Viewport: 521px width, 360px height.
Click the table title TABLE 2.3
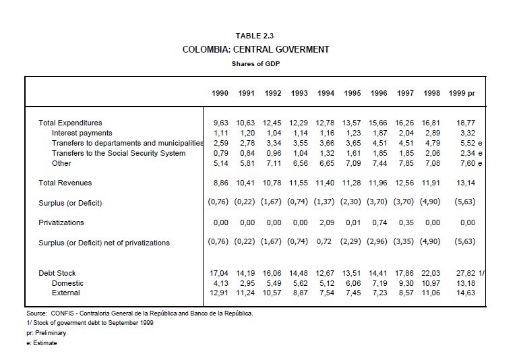click(255, 36)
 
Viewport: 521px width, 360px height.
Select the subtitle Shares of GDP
click(255, 64)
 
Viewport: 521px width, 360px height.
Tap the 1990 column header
click(220, 93)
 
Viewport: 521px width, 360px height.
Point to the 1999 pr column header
click(462, 93)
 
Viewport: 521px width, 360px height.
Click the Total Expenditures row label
click(70, 123)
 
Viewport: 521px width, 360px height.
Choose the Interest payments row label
click(82, 133)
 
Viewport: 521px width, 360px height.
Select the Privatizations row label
click(61, 222)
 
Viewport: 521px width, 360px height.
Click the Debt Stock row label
click(57, 273)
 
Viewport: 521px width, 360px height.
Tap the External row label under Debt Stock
click(66, 293)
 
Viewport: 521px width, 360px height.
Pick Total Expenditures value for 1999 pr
click(466, 123)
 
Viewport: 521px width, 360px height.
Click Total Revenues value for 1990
click(220, 182)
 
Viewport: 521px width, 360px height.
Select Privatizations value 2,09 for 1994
click(326, 222)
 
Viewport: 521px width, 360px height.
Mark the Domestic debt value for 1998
click(432, 283)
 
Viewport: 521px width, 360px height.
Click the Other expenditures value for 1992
click(273, 163)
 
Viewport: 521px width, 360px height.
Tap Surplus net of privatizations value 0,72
click(326, 242)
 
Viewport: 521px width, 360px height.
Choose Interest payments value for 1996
click(379, 133)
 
